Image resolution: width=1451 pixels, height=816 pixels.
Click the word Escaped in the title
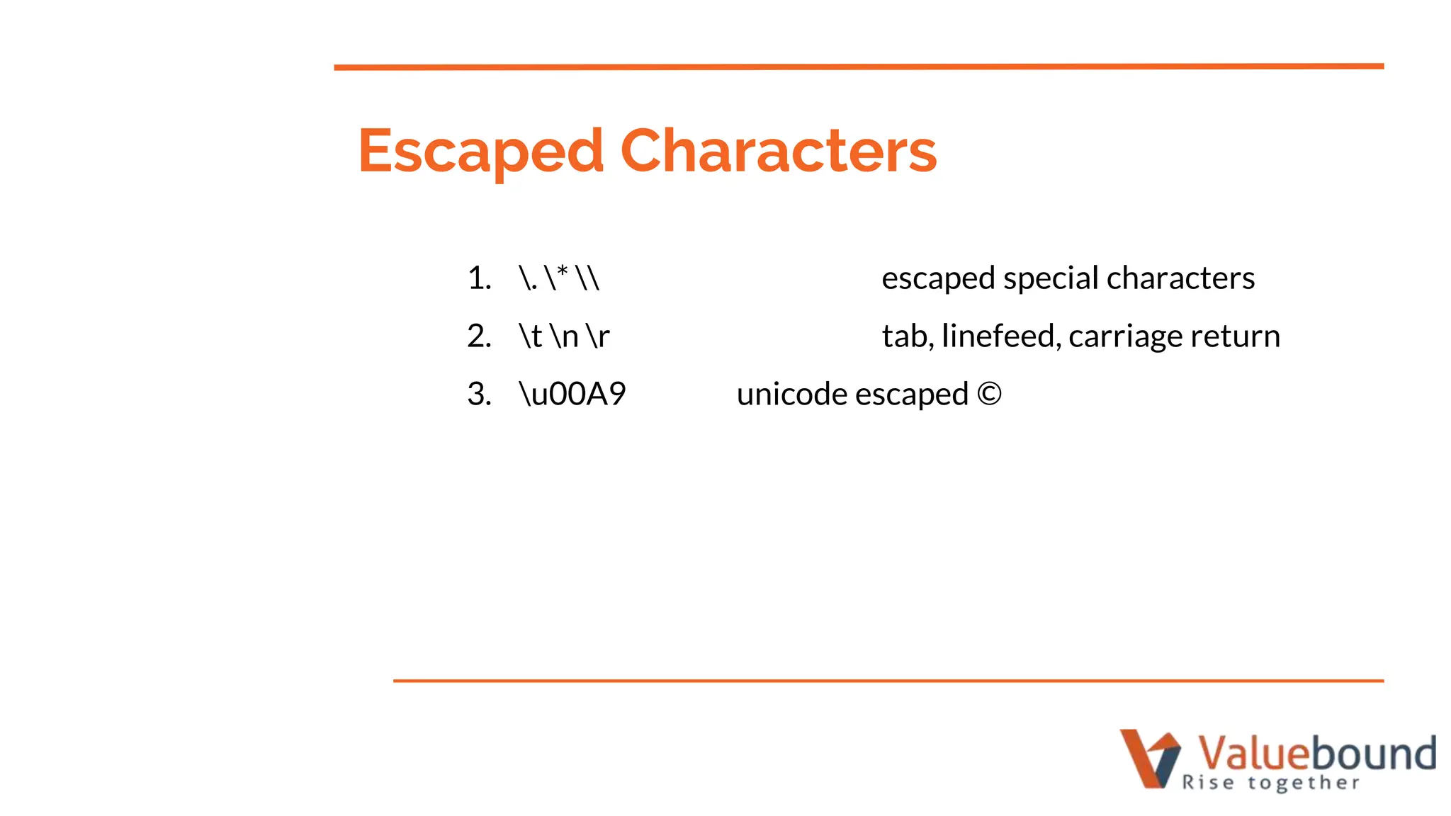click(x=480, y=151)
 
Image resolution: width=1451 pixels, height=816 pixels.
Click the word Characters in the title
click(x=778, y=151)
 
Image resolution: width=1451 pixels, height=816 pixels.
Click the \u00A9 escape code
click(x=572, y=395)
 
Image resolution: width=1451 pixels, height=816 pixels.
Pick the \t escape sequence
click(x=531, y=336)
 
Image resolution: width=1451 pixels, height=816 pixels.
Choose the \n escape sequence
click(x=564, y=336)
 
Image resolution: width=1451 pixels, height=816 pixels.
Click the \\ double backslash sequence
click(x=587, y=278)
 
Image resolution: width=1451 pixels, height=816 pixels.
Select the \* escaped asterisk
click(x=557, y=277)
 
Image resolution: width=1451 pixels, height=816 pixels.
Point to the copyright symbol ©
click(x=989, y=395)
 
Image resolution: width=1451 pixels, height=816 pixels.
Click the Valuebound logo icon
click(x=1149, y=758)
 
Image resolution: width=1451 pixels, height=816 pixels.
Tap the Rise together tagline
click(x=1271, y=783)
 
